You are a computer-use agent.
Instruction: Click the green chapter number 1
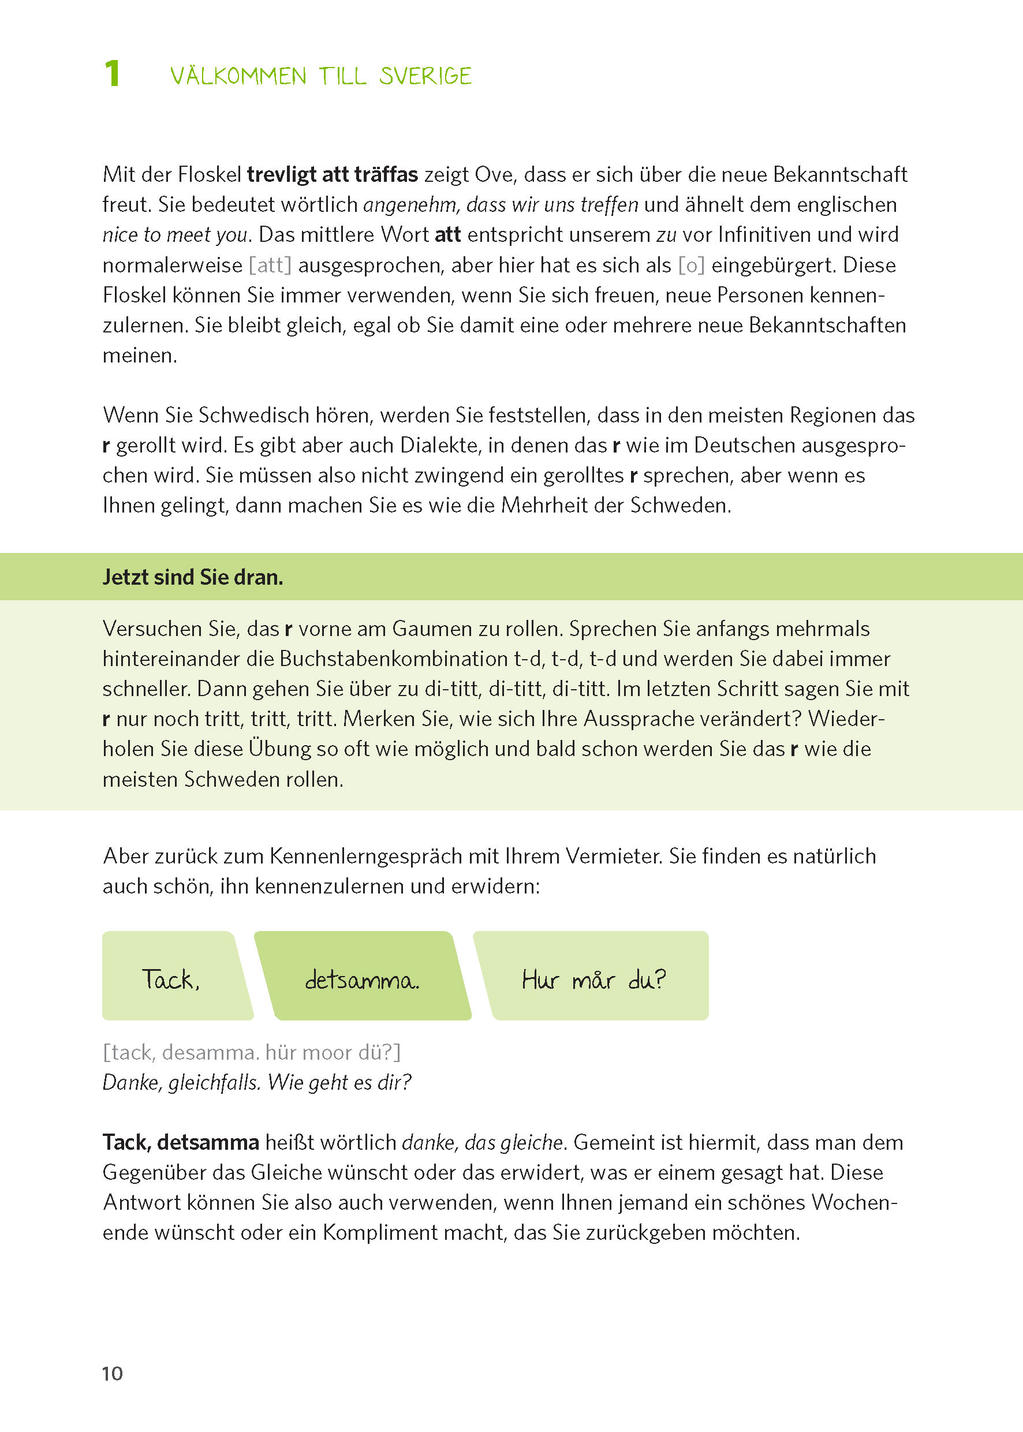coord(111,74)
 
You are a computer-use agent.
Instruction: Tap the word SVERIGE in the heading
coord(425,76)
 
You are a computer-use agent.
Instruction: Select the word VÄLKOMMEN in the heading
coord(238,76)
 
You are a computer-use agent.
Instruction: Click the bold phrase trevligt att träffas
coord(332,174)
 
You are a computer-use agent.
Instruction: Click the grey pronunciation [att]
coord(270,265)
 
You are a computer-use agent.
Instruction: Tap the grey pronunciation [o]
coord(691,265)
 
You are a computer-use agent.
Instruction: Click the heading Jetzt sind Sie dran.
coord(193,577)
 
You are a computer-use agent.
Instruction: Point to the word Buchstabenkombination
coord(393,659)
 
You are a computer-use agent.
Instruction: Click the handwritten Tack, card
coord(171,979)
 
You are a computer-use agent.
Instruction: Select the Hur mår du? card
coord(593,980)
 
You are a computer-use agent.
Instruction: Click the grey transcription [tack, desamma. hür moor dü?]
coord(251,1052)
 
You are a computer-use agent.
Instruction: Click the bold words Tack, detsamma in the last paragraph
coord(181,1142)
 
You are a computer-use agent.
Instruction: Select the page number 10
coord(112,1374)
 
